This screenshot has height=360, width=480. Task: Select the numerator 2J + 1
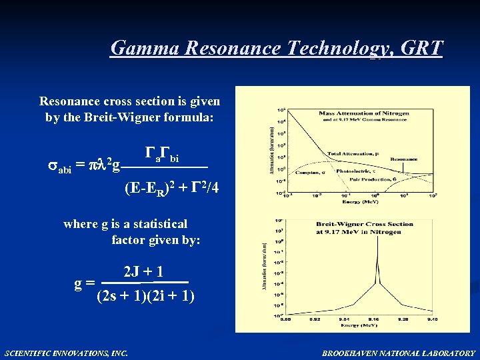point(143,272)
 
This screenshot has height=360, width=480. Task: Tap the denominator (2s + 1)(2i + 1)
point(145,295)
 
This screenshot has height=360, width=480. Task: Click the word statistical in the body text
point(153,224)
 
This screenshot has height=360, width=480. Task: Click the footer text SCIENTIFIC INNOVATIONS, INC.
point(66,353)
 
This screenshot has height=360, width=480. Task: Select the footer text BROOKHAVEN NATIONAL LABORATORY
point(399,353)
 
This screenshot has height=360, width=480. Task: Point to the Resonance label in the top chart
point(404,159)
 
